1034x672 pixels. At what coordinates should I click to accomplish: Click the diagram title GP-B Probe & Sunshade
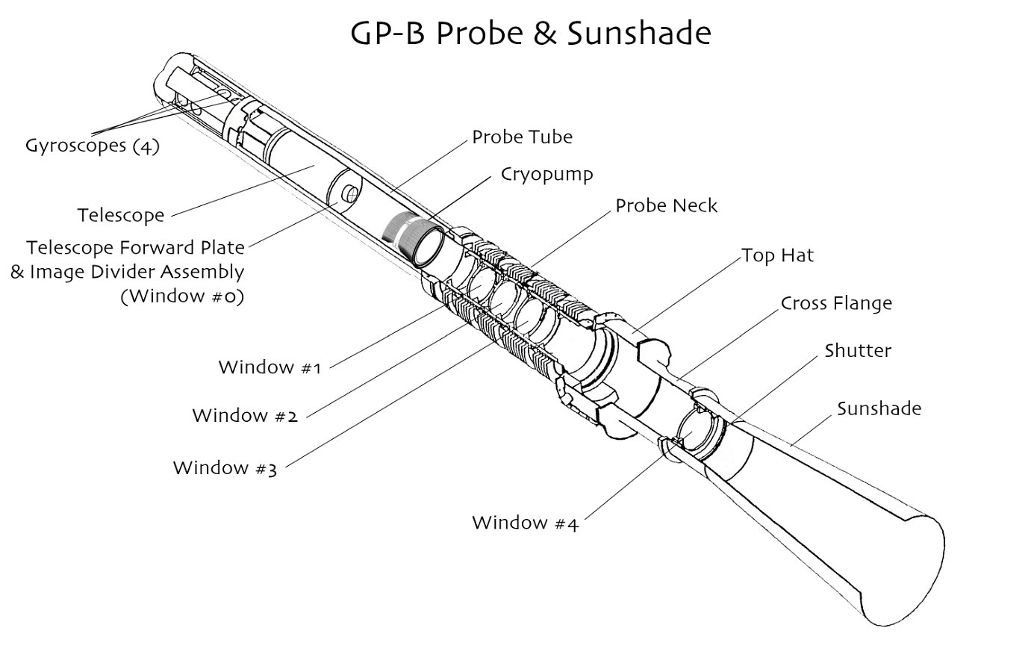coord(530,34)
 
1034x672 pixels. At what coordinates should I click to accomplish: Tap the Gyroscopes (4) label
coord(93,146)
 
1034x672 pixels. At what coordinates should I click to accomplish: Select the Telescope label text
coord(121,216)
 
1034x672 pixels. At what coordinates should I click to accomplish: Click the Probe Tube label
coord(522,137)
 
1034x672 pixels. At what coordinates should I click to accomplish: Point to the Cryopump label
coord(547,175)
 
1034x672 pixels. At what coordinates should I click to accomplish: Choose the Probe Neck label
coord(667,206)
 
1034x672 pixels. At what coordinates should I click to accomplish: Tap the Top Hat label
coord(778,255)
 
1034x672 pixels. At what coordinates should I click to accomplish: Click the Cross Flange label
coord(836,303)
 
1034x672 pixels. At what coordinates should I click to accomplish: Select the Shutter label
coord(858,351)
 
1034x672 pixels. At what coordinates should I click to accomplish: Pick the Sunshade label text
coord(879,409)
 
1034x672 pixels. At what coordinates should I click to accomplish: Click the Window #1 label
coord(270,367)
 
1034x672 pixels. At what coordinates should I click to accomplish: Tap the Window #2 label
coord(245,415)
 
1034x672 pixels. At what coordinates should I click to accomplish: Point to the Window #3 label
coord(225,468)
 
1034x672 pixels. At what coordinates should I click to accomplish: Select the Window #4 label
coord(526,523)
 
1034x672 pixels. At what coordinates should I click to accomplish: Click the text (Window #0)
coord(182,296)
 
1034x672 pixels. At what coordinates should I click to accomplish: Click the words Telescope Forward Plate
coord(135,248)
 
